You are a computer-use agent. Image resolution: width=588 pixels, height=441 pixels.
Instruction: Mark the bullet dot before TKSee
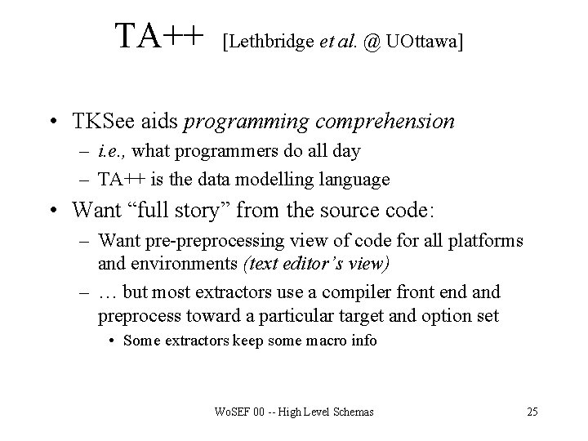[53, 123]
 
